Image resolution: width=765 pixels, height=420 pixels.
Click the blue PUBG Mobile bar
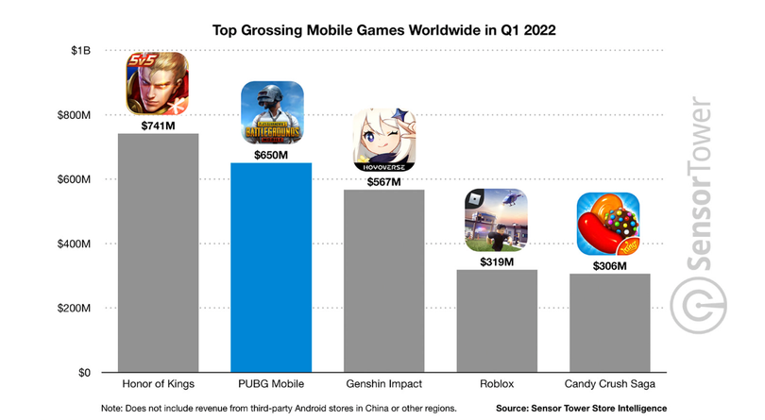click(271, 267)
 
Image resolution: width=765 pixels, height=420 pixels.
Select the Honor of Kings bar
click(158, 253)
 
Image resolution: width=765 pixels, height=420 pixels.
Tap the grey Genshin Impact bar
click(383, 280)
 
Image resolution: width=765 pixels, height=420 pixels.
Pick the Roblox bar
click(496, 321)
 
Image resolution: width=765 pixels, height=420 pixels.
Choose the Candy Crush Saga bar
click(608, 323)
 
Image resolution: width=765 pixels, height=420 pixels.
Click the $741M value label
click(158, 126)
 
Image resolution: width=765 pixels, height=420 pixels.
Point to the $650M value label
click(272, 155)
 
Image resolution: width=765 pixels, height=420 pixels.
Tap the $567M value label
click(383, 181)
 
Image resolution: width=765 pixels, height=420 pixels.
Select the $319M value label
click(496, 261)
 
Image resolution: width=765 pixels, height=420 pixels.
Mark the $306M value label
click(608, 265)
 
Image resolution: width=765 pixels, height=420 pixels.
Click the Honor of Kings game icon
click(158, 83)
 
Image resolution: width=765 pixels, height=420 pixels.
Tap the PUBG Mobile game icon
click(272, 112)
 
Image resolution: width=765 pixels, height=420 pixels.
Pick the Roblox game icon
click(496, 220)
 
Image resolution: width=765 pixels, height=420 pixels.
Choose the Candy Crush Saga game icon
click(608, 224)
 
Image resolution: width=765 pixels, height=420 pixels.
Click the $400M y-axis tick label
click(72, 244)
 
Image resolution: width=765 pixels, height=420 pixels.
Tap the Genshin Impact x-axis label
click(383, 384)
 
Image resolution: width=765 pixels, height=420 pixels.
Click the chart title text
click(382, 30)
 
